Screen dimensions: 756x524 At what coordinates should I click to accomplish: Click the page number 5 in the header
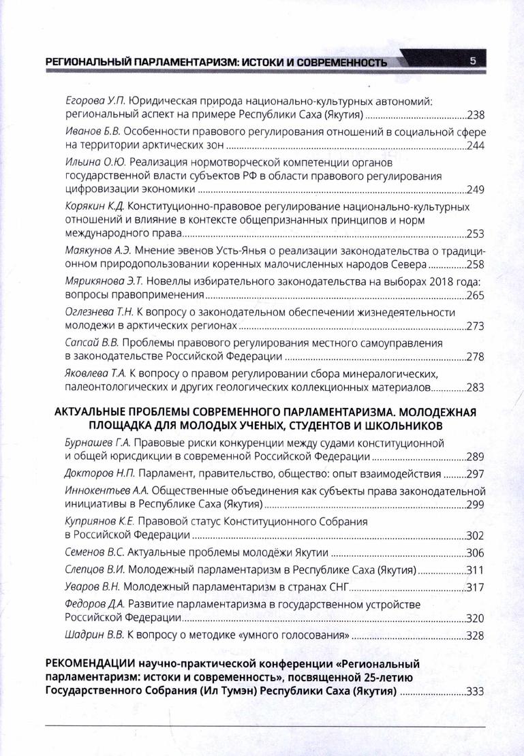tap(472, 63)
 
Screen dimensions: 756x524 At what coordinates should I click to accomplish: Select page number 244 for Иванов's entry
tap(475, 147)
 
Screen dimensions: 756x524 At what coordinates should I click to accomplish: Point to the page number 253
tap(475, 234)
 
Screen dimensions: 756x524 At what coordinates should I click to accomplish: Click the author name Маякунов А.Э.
tap(104, 250)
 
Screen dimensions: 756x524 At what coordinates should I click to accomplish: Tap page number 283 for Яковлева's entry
tap(475, 388)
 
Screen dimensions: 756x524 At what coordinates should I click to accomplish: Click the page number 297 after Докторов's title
tap(475, 474)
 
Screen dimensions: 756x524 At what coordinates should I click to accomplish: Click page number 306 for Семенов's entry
tap(475, 552)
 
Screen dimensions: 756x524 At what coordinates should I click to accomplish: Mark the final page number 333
tap(475, 691)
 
